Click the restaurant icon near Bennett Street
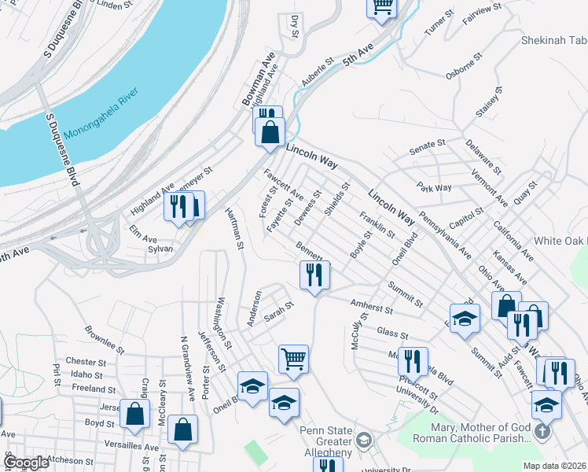pos(314,275)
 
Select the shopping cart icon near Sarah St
pos(293,359)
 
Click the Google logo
pos(26,463)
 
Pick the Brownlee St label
pos(104,337)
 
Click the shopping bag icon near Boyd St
pos(135,414)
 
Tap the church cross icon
pos(542,432)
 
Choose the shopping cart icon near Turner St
pos(383,6)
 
